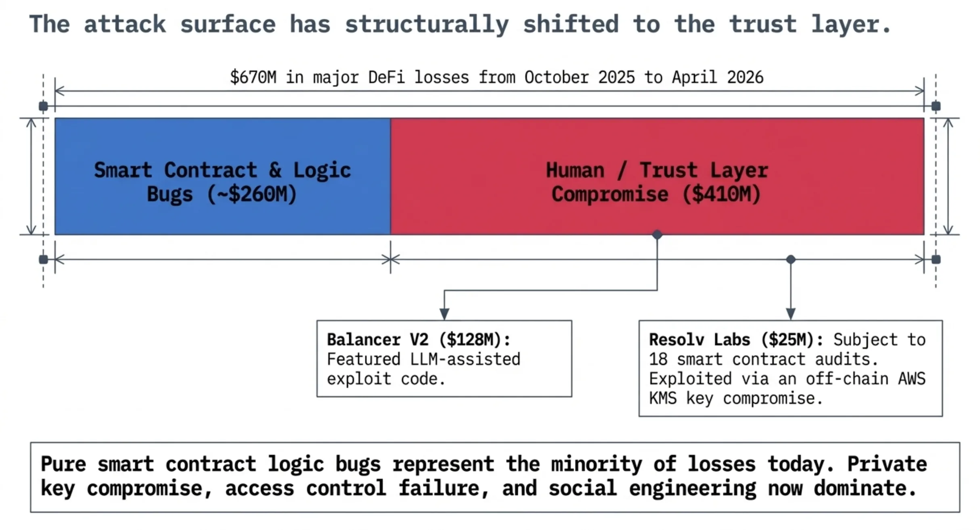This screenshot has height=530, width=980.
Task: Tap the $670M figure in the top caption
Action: pyautogui.click(x=253, y=77)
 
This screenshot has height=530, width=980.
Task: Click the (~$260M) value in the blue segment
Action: pyautogui.click(x=252, y=194)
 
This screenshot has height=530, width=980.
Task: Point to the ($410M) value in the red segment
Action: pyautogui.click(x=721, y=194)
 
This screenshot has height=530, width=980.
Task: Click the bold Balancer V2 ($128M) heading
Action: pyautogui.click(x=419, y=340)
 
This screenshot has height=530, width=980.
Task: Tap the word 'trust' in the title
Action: pyautogui.click(x=763, y=24)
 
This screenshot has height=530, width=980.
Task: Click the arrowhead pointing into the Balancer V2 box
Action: pyautogui.click(x=444, y=314)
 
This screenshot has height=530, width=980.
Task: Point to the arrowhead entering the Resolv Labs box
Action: pyautogui.click(x=791, y=314)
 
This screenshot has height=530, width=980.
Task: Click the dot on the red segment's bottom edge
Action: pyautogui.click(x=657, y=234)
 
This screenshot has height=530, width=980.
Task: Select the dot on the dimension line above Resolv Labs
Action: pyautogui.click(x=791, y=259)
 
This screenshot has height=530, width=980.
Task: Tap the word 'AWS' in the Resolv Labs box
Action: pyautogui.click(x=912, y=379)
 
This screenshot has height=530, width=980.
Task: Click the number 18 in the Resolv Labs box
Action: pyautogui.click(x=658, y=359)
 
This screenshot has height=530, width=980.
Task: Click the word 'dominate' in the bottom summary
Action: pyautogui.click(x=864, y=488)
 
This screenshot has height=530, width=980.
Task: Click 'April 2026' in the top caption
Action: pyautogui.click(x=718, y=77)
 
